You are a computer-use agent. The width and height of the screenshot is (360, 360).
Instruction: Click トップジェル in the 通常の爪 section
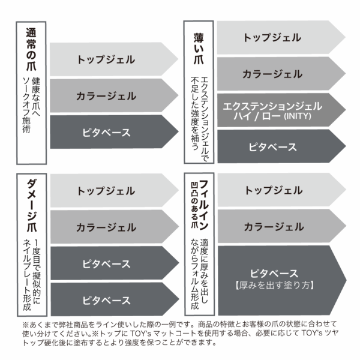[106, 59]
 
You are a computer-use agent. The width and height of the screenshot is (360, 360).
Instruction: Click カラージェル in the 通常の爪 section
[106, 95]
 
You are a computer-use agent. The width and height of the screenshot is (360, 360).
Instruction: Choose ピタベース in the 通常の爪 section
[106, 132]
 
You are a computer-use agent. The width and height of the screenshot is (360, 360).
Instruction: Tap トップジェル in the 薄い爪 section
[272, 37]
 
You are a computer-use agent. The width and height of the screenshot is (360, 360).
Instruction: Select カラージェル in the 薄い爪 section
[272, 74]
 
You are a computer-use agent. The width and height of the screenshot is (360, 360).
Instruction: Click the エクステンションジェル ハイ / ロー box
[272, 110]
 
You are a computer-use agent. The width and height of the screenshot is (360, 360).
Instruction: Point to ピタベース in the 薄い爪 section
[272, 146]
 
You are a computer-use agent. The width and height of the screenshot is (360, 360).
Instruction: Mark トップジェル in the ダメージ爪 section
[106, 191]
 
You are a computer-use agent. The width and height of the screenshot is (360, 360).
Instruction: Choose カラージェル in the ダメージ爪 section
[106, 227]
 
